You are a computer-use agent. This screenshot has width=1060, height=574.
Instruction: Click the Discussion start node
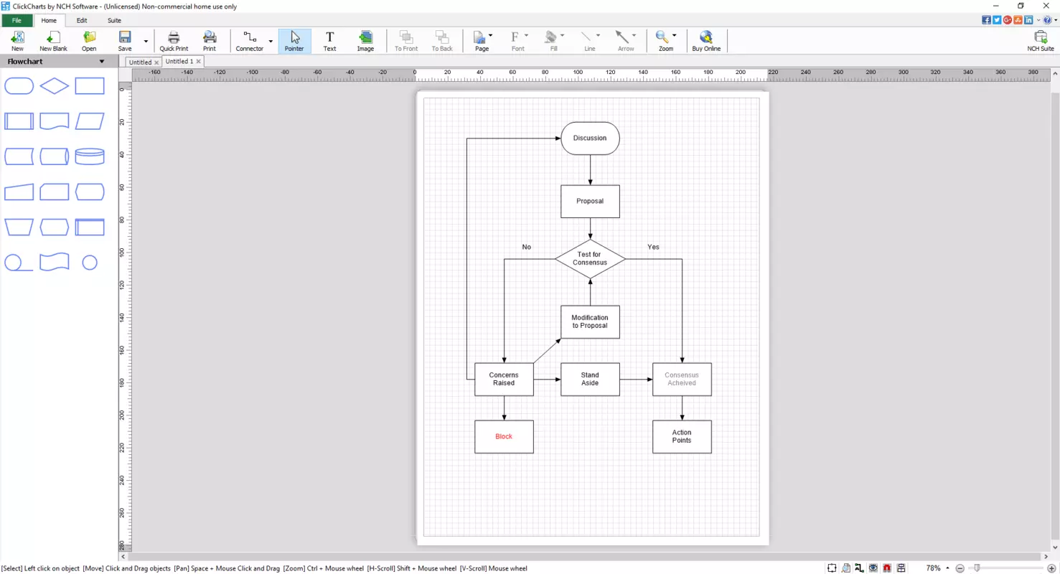(590, 138)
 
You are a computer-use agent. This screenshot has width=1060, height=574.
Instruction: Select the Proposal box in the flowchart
(590, 201)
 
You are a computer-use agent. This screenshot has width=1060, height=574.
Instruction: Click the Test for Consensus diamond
(590, 259)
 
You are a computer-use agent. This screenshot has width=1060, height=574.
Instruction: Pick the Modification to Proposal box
(590, 321)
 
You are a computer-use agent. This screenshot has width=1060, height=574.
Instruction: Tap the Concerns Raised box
(504, 379)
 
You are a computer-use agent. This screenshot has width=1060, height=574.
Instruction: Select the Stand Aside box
(590, 379)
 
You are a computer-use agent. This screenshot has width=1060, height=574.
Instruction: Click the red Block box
(504, 436)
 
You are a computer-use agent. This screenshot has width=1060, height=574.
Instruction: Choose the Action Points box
(682, 436)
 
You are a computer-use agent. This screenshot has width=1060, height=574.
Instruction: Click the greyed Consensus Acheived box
(682, 379)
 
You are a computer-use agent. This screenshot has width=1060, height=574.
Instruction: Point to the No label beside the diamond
(526, 247)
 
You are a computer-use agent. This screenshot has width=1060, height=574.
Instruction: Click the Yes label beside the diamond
(653, 247)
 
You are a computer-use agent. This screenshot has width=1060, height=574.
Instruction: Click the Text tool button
(330, 41)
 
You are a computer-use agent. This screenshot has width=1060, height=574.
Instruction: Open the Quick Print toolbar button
(174, 41)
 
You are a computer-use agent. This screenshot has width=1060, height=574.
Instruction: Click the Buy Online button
(706, 41)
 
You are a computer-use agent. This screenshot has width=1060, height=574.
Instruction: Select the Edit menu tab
(82, 20)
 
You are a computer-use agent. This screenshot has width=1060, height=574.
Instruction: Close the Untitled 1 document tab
(199, 62)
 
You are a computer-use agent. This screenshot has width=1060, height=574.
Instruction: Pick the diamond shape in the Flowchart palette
(55, 86)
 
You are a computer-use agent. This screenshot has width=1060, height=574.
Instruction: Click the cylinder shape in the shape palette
(90, 156)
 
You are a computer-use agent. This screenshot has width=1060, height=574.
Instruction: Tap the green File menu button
(17, 20)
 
